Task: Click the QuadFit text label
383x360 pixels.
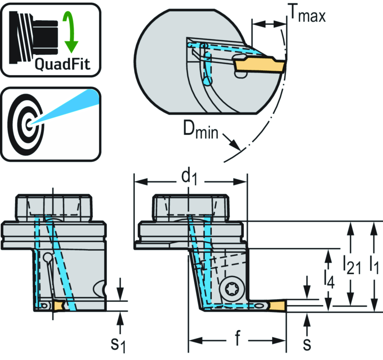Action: (x=62, y=64)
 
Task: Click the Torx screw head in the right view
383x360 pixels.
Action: (x=230, y=289)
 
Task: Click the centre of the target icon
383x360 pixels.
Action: (x=28, y=123)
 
